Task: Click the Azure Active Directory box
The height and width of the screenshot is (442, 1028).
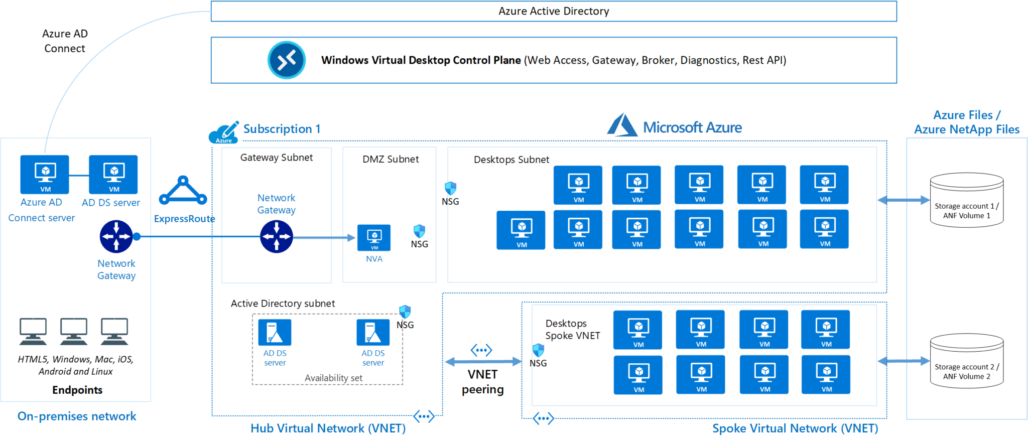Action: pyautogui.click(x=553, y=11)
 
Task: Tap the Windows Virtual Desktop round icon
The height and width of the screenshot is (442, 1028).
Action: pyautogui.click(x=287, y=60)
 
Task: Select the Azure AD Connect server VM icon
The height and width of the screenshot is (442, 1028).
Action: pyautogui.click(x=45, y=175)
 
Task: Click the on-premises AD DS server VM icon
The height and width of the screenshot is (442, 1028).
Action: pyautogui.click(x=113, y=175)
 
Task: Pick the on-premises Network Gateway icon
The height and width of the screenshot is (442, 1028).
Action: pyautogui.click(x=116, y=236)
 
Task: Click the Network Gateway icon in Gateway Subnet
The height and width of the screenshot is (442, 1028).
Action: pyautogui.click(x=276, y=236)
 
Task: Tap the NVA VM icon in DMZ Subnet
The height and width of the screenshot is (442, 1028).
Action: pyautogui.click(x=374, y=237)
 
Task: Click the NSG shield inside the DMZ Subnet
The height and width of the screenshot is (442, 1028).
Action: pyautogui.click(x=419, y=231)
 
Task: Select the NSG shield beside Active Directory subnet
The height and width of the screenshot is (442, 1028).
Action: pyautogui.click(x=405, y=312)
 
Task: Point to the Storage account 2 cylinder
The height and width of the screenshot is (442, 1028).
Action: pyautogui.click(x=966, y=361)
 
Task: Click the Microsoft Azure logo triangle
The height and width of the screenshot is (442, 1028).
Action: pyautogui.click(x=621, y=125)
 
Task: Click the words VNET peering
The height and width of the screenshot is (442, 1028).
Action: pyautogui.click(x=482, y=382)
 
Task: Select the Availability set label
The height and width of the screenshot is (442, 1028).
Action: pyautogui.click(x=333, y=378)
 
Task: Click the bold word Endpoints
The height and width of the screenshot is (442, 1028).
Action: pyautogui.click(x=77, y=390)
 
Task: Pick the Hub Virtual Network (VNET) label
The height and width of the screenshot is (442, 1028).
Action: pyautogui.click(x=328, y=428)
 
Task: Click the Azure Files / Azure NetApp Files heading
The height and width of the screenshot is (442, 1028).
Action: pyautogui.click(x=966, y=122)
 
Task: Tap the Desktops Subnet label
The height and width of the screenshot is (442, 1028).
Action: pyautogui.click(x=511, y=160)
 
